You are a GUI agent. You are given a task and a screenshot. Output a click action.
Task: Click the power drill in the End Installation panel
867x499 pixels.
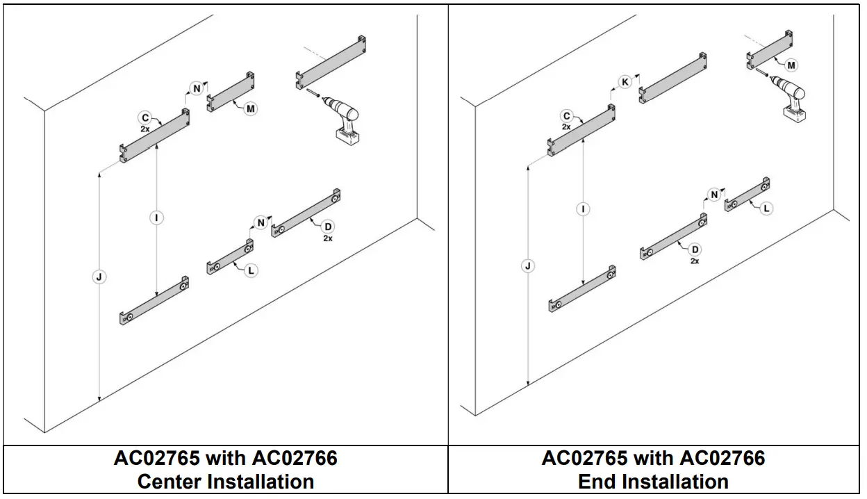coord(791,97)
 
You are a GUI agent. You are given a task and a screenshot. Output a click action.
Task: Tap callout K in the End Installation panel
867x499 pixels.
coord(625,82)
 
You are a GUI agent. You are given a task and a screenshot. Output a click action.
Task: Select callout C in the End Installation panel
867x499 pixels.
coord(566,117)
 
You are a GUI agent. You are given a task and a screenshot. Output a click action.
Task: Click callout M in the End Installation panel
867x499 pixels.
coord(791,65)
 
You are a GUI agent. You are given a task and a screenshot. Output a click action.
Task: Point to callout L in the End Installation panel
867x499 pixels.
coord(766,208)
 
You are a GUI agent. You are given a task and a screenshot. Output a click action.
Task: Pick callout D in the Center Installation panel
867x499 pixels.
coord(327,227)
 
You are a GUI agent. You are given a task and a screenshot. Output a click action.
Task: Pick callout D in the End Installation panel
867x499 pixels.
coord(695,250)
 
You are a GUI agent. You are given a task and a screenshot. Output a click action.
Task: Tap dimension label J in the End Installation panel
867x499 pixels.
coord(529,266)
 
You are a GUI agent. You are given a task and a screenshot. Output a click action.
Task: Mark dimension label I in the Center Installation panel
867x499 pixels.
coord(157,218)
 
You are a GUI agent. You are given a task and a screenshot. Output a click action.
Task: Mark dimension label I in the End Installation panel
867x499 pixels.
coord(583,209)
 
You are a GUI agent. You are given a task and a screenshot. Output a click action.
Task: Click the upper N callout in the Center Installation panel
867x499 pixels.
coord(197,88)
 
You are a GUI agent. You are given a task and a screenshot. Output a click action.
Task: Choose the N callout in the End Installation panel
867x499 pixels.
coord(713,195)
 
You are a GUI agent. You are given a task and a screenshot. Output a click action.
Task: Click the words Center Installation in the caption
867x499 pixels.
coord(225,481)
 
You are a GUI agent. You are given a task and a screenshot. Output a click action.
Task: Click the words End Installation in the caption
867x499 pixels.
coord(653,481)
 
